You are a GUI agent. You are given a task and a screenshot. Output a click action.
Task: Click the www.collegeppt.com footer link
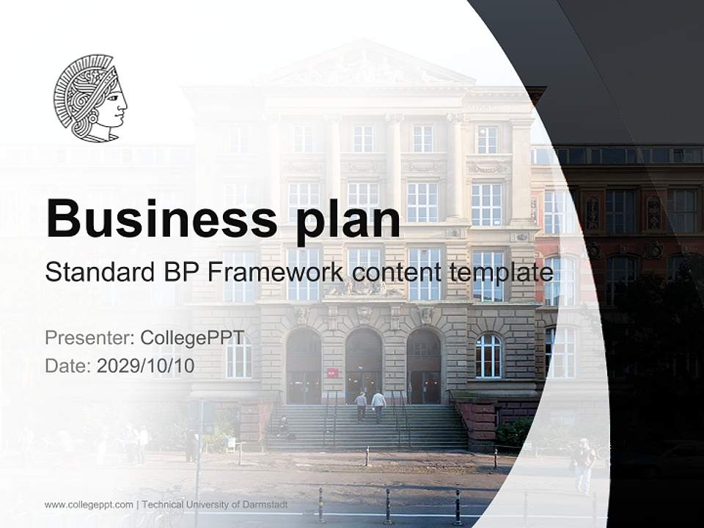click(89, 505)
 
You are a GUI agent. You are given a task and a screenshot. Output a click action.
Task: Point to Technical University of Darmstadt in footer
click(215, 505)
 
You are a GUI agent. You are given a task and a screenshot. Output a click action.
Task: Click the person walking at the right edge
click(584, 463)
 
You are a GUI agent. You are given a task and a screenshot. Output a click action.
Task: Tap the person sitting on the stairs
click(283, 428)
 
